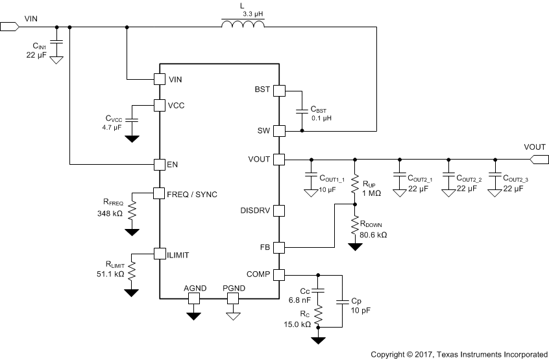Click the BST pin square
click(x=279, y=90)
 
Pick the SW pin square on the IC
click(x=279, y=131)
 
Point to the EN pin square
click(x=159, y=165)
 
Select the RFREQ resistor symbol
click(x=132, y=210)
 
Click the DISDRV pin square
click(x=279, y=211)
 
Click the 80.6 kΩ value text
click(x=373, y=235)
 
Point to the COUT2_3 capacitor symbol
click(x=495, y=176)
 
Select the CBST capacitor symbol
click(x=302, y=110)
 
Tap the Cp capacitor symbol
click(x=342, y=301)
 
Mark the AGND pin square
click(x=193, y=298)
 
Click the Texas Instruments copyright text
click(x=459, y=354)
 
